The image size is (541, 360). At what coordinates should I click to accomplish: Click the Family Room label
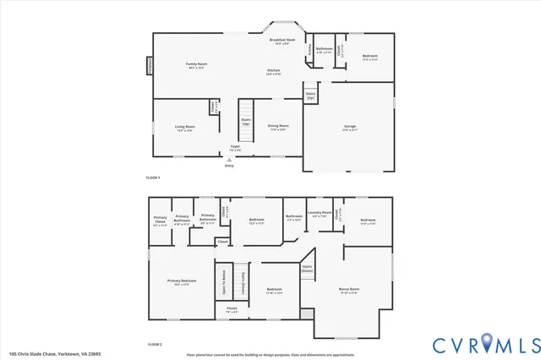click(198, 66)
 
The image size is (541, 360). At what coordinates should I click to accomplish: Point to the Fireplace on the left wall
click(150, 65)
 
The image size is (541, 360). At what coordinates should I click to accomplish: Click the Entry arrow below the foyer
click(229, 161)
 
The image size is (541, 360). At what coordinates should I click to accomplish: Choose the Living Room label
click(186, 128)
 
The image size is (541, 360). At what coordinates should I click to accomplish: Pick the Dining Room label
click(278, 127)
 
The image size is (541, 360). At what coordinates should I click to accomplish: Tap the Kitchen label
click(274, 72)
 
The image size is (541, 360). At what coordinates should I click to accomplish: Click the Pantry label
click(309, 48)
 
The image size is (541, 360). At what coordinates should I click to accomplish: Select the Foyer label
click(235, 148)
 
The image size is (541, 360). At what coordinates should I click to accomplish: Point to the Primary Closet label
click(160, 223)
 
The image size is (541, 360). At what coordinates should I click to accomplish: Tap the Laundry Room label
click(320, 214)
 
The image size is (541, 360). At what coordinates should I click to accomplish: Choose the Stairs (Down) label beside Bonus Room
click(308, 269)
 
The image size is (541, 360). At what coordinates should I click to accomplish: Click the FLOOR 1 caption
click(153, 177)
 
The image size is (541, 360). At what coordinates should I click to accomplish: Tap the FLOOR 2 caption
click(154, 345)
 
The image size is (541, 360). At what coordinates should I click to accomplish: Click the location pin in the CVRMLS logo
click(488, 343)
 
